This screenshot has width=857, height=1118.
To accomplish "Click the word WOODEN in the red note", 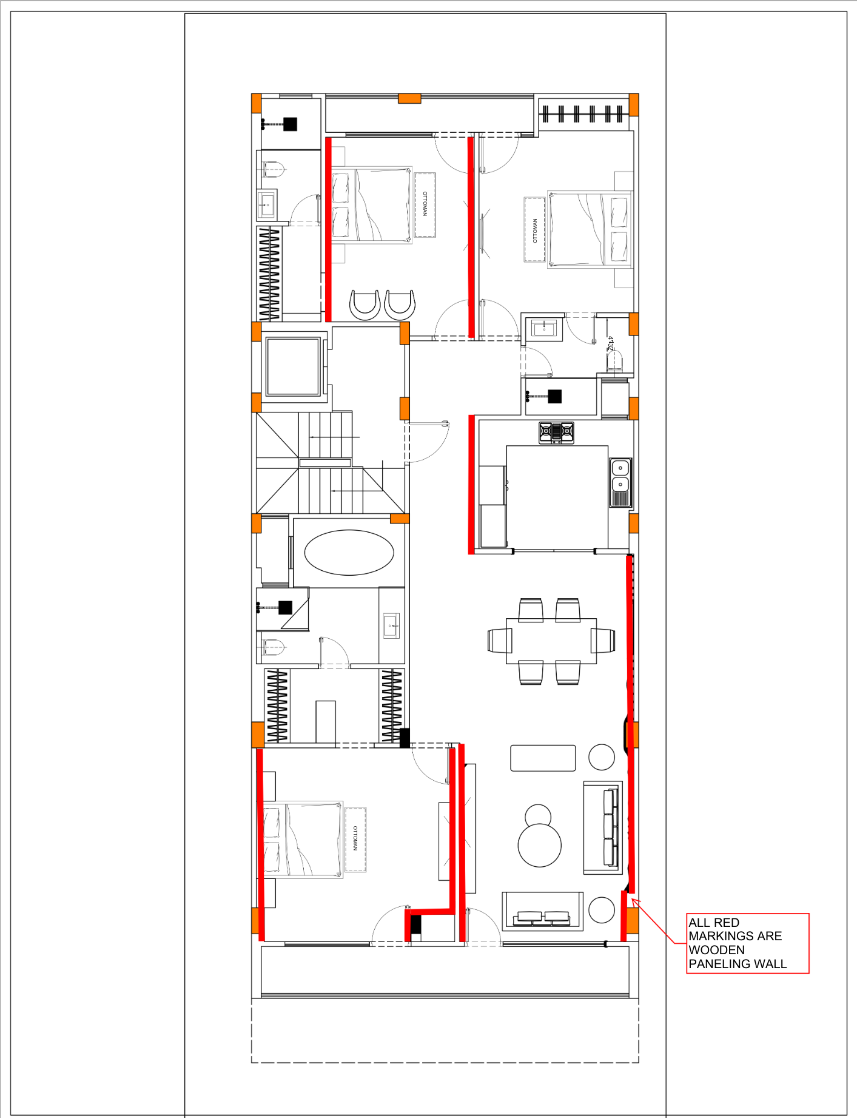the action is [x=716, y=950].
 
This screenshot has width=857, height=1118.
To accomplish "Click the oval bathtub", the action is [x=349, y=552].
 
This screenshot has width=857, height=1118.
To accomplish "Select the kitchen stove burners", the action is [x=556, y=433].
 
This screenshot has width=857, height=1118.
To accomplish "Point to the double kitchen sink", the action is [x=620, y=482].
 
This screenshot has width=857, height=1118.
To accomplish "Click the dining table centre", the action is [x=551, y=641].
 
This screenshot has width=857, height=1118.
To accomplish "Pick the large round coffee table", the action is [x=539, y=844].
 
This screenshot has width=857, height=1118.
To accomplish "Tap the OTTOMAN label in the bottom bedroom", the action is [x=355, y=839].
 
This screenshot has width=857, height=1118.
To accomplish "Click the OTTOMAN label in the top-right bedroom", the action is [x=535, y=231].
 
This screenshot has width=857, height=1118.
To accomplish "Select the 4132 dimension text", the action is [x=611, y=344].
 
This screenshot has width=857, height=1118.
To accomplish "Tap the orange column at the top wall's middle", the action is [x=409, y=98].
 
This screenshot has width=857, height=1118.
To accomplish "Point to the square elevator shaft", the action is [x=293, y=367].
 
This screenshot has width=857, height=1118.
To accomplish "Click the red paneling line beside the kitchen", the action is [x=471, y=484].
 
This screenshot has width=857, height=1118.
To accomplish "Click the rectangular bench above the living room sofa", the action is [x=543, y=758].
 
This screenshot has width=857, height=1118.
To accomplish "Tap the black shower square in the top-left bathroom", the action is [x=291, y=124].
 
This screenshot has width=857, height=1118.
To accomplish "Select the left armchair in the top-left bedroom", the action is [x=365, y=305].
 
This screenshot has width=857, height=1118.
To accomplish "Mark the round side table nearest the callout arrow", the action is [x=602, y=910].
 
